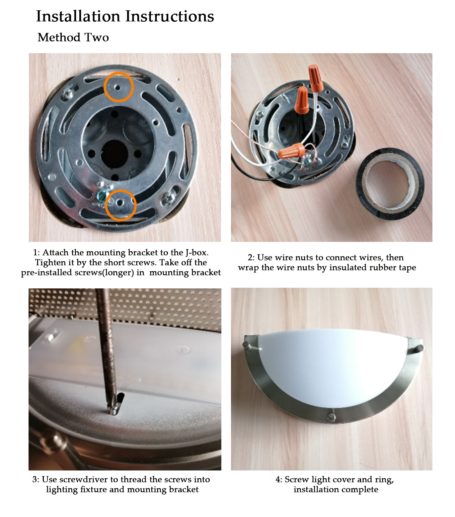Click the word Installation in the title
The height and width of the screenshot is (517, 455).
coord(78,16)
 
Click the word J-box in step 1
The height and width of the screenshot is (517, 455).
coord(197,253)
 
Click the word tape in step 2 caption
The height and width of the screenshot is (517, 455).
coord(407,268)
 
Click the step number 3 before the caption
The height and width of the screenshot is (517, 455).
coord(35,479)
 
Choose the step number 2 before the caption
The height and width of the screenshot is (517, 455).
coord(250,258)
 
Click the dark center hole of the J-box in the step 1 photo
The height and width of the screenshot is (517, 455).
coord(115,153)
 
